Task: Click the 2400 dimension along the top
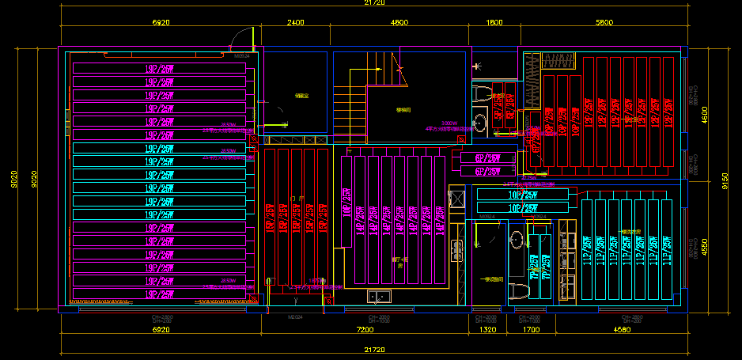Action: (x=295, y=23)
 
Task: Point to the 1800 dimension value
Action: (x=494, y=23)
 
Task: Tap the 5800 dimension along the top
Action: (x=604, y=23)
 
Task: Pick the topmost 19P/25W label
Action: (x=159, y=69)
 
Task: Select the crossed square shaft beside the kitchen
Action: (x=456, y=198)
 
